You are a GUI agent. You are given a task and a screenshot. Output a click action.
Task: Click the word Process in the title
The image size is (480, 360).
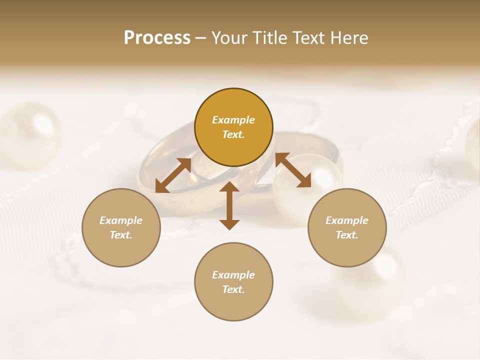[157, 38]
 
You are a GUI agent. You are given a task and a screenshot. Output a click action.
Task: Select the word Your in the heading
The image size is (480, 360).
[229, 38]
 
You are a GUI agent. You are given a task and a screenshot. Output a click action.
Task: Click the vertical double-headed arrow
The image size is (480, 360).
[229, 205]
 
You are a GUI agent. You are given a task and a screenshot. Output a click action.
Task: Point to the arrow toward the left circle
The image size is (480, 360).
[173, 175]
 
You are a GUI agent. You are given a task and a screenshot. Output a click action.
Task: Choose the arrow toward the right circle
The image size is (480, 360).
[293, 170]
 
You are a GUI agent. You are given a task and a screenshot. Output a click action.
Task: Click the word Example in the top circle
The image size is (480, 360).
[233, 120]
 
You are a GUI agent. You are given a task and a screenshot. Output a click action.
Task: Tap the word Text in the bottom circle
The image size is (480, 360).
[233, 290]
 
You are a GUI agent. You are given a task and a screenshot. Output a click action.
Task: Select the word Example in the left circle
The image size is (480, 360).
[121, 220]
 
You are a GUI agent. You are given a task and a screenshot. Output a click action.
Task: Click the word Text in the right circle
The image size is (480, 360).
[347, 235]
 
